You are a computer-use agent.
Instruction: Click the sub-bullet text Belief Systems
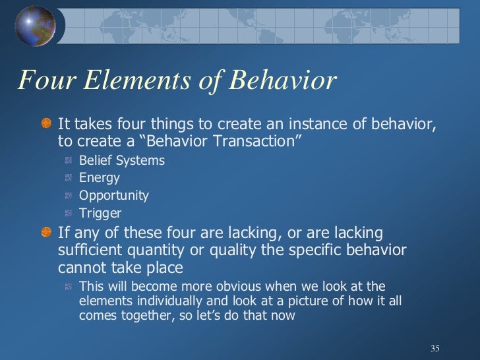(121, 160)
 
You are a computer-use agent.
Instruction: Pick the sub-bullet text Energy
(99, 178)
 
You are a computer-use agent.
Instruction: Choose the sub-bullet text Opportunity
(113, 196)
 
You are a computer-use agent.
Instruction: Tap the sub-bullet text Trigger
(100, 214)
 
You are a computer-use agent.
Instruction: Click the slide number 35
(434, 347)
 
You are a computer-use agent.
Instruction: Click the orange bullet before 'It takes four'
(46, 124)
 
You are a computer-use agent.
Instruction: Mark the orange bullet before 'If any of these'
(46, 233)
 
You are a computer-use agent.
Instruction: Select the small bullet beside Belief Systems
(69, 161)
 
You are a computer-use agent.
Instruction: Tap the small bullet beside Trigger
(69, 214)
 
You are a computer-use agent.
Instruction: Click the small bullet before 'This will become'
(69, 287)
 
